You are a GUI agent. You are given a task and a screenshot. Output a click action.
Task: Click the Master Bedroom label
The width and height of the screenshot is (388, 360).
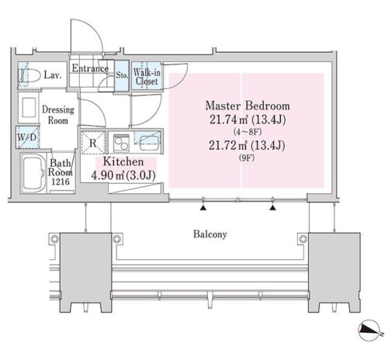248,106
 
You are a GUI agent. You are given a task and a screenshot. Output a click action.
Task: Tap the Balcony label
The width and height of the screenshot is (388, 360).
210,234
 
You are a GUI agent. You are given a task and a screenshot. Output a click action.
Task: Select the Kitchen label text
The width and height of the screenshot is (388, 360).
123,161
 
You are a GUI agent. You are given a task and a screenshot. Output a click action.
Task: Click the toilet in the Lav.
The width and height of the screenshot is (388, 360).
29,76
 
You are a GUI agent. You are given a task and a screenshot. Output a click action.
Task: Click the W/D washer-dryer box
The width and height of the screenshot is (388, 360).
27,137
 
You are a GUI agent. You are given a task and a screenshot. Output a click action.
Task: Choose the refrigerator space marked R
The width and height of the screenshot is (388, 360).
93,143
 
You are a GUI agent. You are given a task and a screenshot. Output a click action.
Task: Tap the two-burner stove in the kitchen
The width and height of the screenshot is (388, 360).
121,144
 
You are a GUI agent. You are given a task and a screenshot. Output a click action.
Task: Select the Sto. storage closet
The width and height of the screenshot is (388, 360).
122,75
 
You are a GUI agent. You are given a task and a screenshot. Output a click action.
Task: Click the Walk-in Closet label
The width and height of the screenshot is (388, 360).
147,77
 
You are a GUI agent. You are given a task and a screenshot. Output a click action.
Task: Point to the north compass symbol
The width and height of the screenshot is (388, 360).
369,330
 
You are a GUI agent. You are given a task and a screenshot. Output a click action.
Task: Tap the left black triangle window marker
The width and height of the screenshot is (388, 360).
203,208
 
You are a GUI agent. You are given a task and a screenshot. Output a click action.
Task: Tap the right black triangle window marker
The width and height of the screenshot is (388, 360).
272,208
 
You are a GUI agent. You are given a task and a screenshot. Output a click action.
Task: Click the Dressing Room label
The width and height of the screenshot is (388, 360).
58,115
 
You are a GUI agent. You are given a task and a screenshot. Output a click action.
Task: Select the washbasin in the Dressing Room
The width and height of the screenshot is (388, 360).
29,107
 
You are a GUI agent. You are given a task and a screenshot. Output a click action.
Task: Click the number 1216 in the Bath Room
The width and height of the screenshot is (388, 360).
61,182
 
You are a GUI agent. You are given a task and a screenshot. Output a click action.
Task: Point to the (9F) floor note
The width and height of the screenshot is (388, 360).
247,157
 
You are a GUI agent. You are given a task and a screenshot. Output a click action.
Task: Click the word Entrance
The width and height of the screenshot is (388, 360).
90,68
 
